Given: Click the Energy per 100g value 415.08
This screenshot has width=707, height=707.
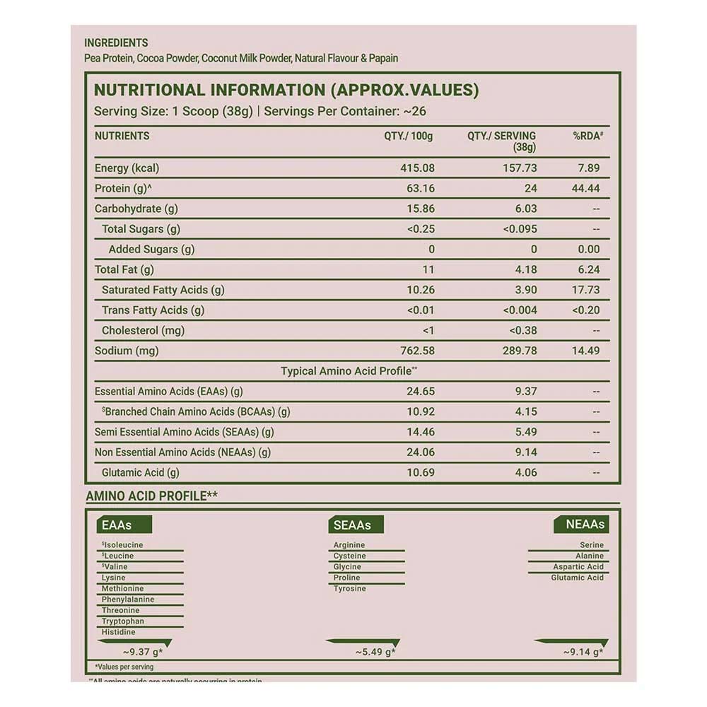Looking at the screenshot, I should [418, 168].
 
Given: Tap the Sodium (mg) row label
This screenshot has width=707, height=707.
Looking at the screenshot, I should [127, 351].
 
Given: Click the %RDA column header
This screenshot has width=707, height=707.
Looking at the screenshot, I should [588, 136].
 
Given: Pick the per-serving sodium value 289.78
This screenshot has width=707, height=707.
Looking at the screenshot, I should [520, 351].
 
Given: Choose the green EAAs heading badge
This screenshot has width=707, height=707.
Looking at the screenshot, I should [117, 525].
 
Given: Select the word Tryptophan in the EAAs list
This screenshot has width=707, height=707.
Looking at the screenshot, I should [122, 621].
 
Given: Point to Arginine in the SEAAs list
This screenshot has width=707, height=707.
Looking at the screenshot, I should [349, 545].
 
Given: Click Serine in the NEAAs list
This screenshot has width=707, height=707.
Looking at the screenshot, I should [592, 545].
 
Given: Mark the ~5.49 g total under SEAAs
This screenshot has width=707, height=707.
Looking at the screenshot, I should [375, 652].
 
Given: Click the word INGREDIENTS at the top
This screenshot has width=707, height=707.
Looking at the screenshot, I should [116, 43].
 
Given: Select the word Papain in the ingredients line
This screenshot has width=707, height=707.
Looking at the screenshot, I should [384, 59].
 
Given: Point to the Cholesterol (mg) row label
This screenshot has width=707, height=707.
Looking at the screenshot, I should [139, 330].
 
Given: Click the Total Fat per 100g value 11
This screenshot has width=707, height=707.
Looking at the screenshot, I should [428, 269].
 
